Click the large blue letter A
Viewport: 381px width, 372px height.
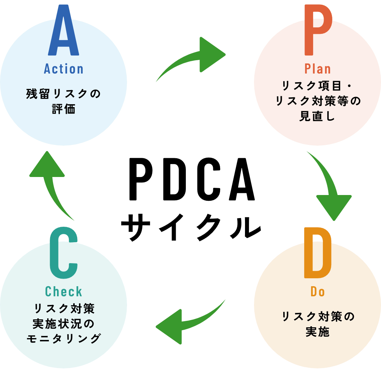(63, 31)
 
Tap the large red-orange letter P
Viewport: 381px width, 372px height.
(317, 31)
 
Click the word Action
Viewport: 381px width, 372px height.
(63, 69)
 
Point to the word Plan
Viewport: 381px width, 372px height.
(317, 69)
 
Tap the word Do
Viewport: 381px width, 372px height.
(317, 292)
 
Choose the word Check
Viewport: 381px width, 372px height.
(63, 292)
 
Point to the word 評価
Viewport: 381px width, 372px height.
(63, 109)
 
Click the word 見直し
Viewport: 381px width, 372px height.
(317, 117)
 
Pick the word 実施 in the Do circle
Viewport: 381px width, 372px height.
(317, 332)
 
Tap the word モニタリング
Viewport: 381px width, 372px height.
(63, 339)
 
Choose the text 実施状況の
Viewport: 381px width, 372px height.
(63, 324)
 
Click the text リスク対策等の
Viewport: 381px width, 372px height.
(317, 101)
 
